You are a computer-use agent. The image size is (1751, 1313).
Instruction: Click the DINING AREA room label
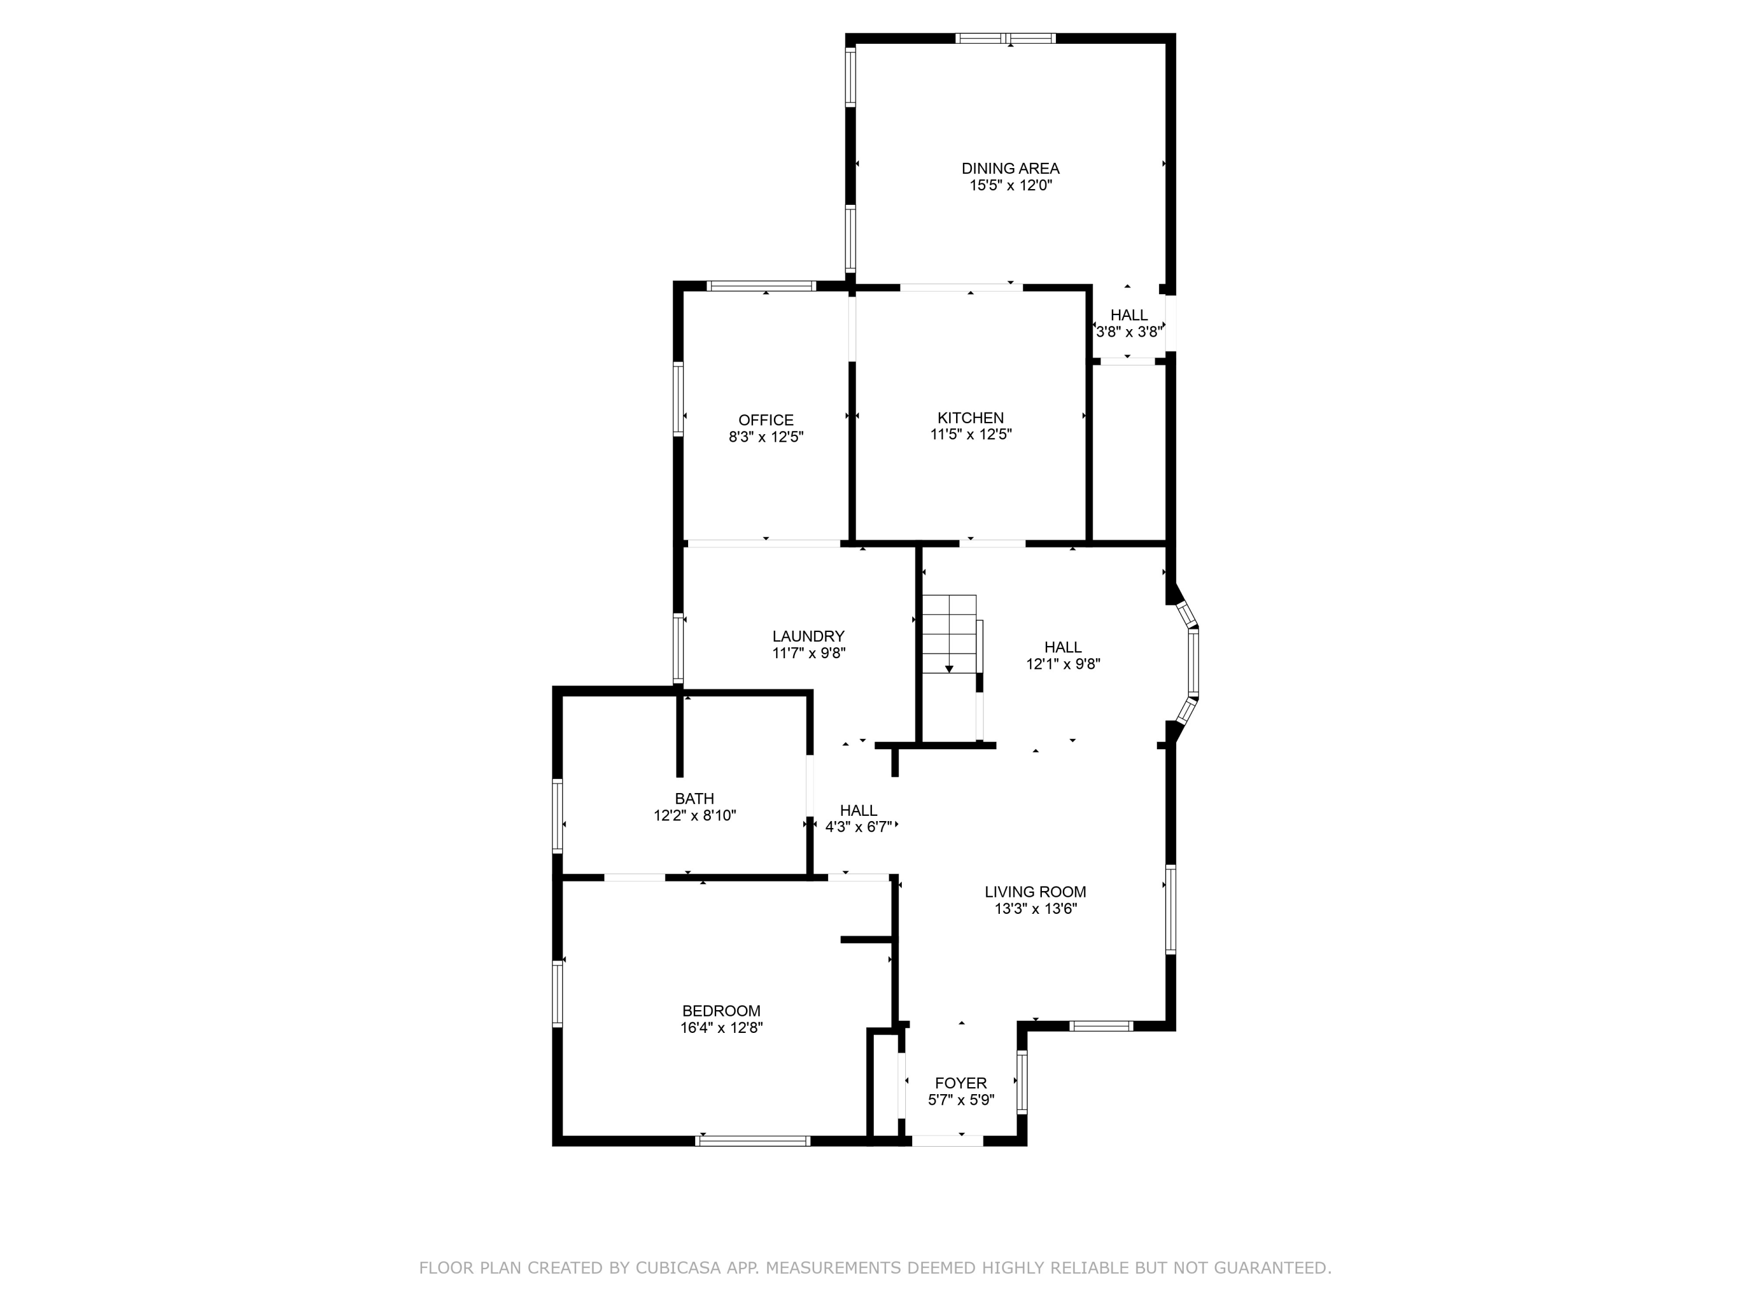tap(1010, 169)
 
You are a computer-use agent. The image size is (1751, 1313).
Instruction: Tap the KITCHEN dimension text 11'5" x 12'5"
tap(971, 435)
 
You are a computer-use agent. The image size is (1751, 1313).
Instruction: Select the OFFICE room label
tap(765, 420)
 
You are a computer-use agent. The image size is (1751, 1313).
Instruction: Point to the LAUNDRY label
tap(808, 636)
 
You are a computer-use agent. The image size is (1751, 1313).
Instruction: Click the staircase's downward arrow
tap(949, 669)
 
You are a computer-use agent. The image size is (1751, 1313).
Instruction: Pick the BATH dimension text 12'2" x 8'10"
tap(694, 816)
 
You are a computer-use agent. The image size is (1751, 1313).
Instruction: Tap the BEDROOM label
tap(721, 1011)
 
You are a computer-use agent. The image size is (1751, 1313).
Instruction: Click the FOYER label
tap(961, 1082)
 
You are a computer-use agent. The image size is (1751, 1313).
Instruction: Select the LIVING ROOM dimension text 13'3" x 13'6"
tap(1035, 909)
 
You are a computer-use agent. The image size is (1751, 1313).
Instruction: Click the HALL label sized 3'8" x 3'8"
tap(1129, 315)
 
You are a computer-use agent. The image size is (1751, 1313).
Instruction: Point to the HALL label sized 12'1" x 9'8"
tap(1062, 647)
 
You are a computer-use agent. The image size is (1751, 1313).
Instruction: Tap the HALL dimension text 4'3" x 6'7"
tap(859, 827)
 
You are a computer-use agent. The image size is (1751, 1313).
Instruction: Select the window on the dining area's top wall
tap(1005, 38)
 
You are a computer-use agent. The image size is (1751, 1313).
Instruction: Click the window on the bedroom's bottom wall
tap(753, 1140)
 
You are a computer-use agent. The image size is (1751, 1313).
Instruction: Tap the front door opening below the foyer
tap(947, 1140)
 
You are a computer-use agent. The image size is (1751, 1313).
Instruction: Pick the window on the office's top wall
tap(761, 286)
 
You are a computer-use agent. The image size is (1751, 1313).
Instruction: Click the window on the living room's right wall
tap(1171, 909)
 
